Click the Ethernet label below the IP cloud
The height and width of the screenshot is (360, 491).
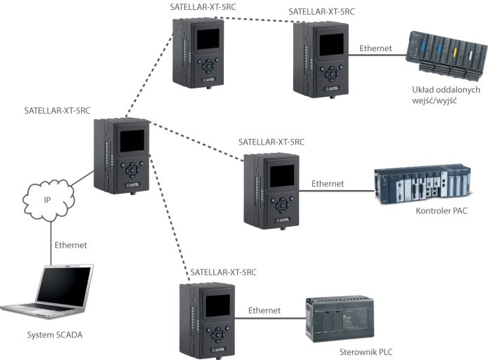click(71, 245)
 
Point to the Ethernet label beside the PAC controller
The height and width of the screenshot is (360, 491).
click(327, 183)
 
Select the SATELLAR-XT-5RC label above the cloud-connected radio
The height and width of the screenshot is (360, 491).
click(58, 110)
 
